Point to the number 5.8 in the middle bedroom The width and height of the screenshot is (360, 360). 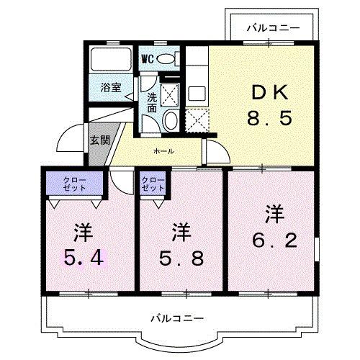tap(181, 256)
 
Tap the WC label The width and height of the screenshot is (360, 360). tap(148, 58)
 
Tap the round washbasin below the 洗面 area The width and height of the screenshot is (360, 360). tap(171, 120)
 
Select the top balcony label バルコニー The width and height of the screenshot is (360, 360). tap(271, 29)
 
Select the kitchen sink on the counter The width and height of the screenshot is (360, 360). tap(196, 93)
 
